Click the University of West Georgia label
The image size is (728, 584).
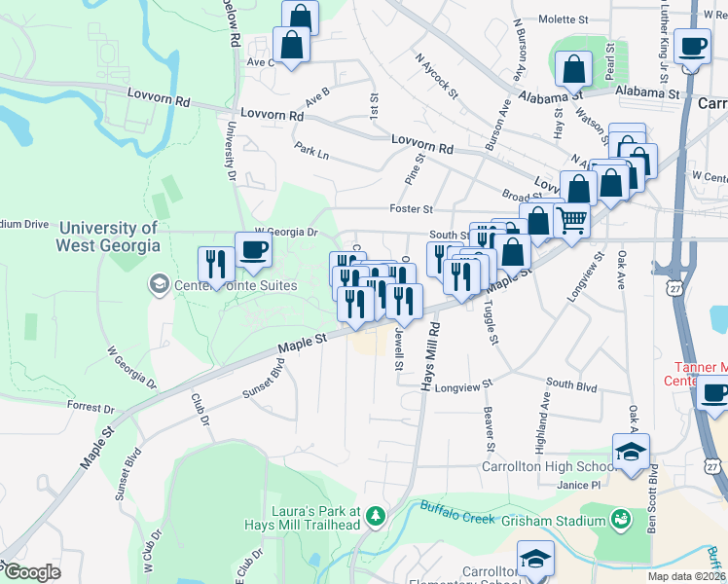click(x=107, y=237)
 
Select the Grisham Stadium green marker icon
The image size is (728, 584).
click(x=619, y=520)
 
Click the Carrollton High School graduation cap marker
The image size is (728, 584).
click(x=631, y=453)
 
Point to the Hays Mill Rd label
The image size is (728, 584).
click(x=425, y=359)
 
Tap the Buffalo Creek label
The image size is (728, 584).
click(x=457, y=507)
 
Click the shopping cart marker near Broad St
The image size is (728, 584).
click(x=571, y=220)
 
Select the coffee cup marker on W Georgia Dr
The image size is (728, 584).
click(x=254, y=248)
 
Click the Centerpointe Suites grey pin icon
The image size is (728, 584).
click(x=157, y=284)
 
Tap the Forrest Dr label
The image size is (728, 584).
click(x=91, y=405)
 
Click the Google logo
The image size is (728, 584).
click(x=31, y=572)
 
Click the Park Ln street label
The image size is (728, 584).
click(x=311, y=155)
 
